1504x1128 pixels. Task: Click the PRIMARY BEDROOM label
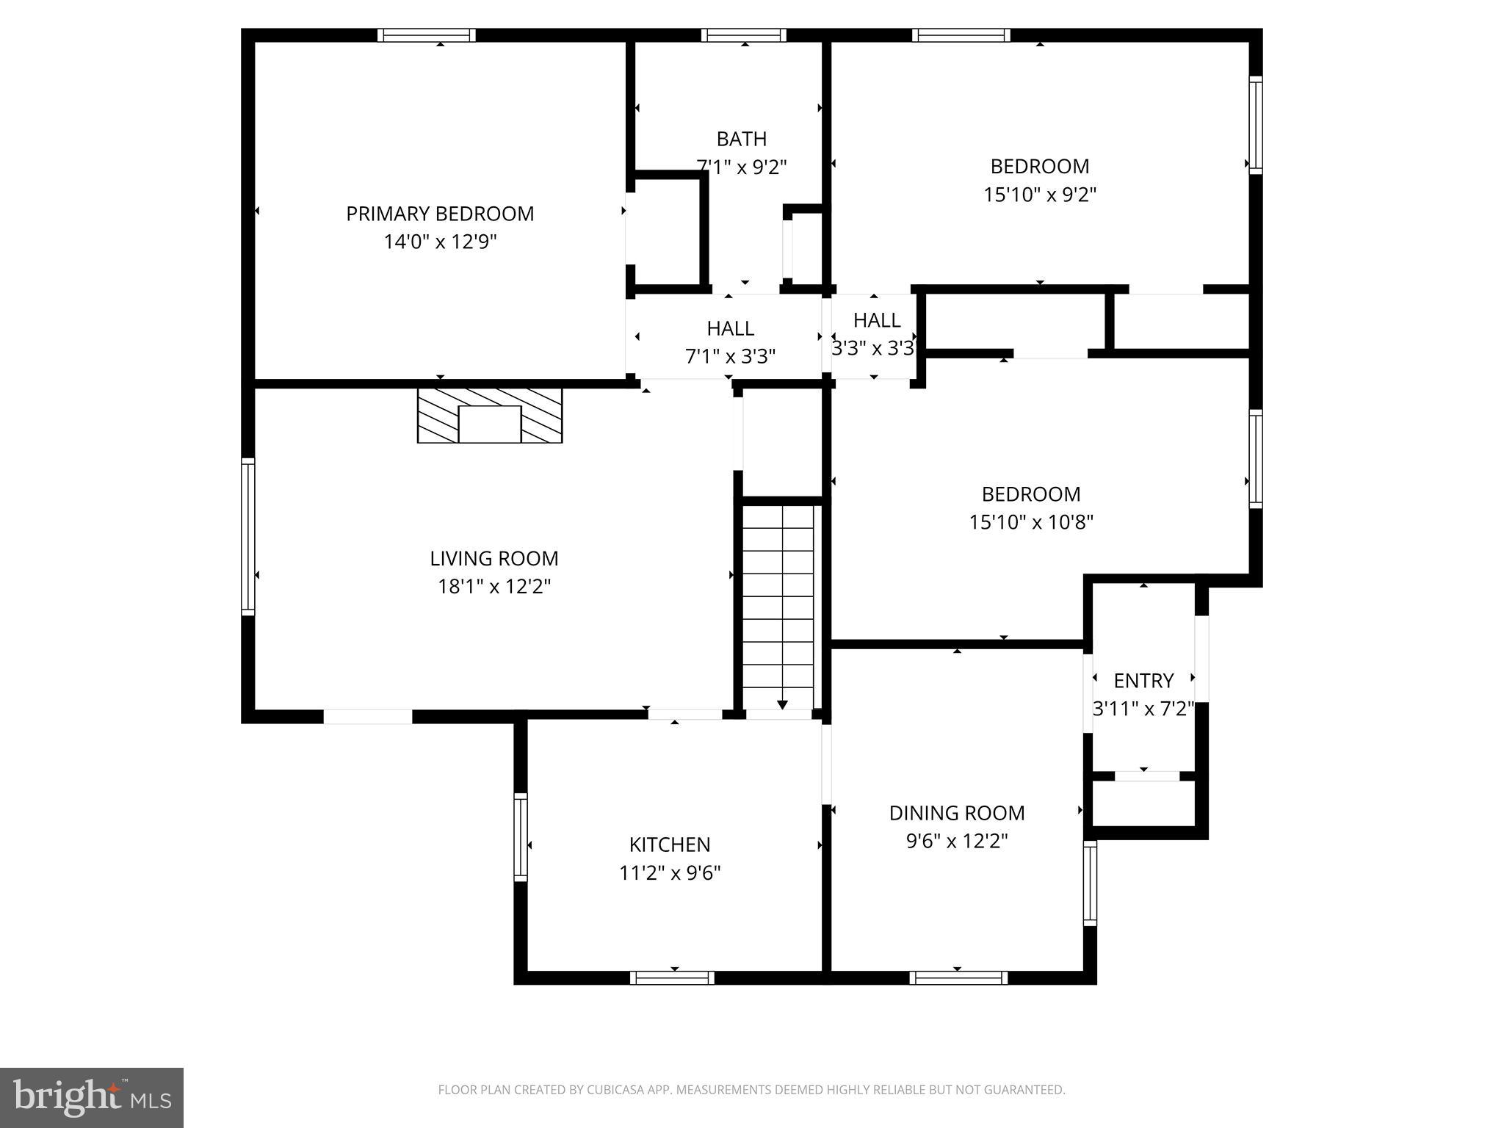coord(440,214)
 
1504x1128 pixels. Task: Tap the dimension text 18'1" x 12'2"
coord(494,587)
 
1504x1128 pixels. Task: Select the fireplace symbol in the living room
coord(490,416)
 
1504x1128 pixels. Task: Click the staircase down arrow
coord(782,704)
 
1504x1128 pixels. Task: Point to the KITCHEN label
coord(670,845)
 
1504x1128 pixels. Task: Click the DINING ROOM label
coord(957,813)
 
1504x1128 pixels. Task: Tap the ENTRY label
coord(1143,681)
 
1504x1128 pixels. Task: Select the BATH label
coord(742,139)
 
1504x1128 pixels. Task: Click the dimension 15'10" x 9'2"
coord(1040,195)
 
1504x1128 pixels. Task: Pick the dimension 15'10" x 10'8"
coord(1031,522)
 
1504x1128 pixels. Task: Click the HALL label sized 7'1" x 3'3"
coord(730,328)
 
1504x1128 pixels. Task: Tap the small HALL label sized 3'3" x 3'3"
coord(877,320)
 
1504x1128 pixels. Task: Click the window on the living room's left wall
coord(248,536)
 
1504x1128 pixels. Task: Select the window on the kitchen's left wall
coord(521,836)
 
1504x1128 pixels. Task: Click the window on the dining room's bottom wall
coord(958,977)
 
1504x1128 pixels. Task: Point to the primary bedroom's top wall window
coord(427,35)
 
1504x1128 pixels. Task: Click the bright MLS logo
coord(92,1097)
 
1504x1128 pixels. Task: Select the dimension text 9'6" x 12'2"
coord(957,841)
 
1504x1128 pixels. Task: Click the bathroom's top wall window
coord(744,35)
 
